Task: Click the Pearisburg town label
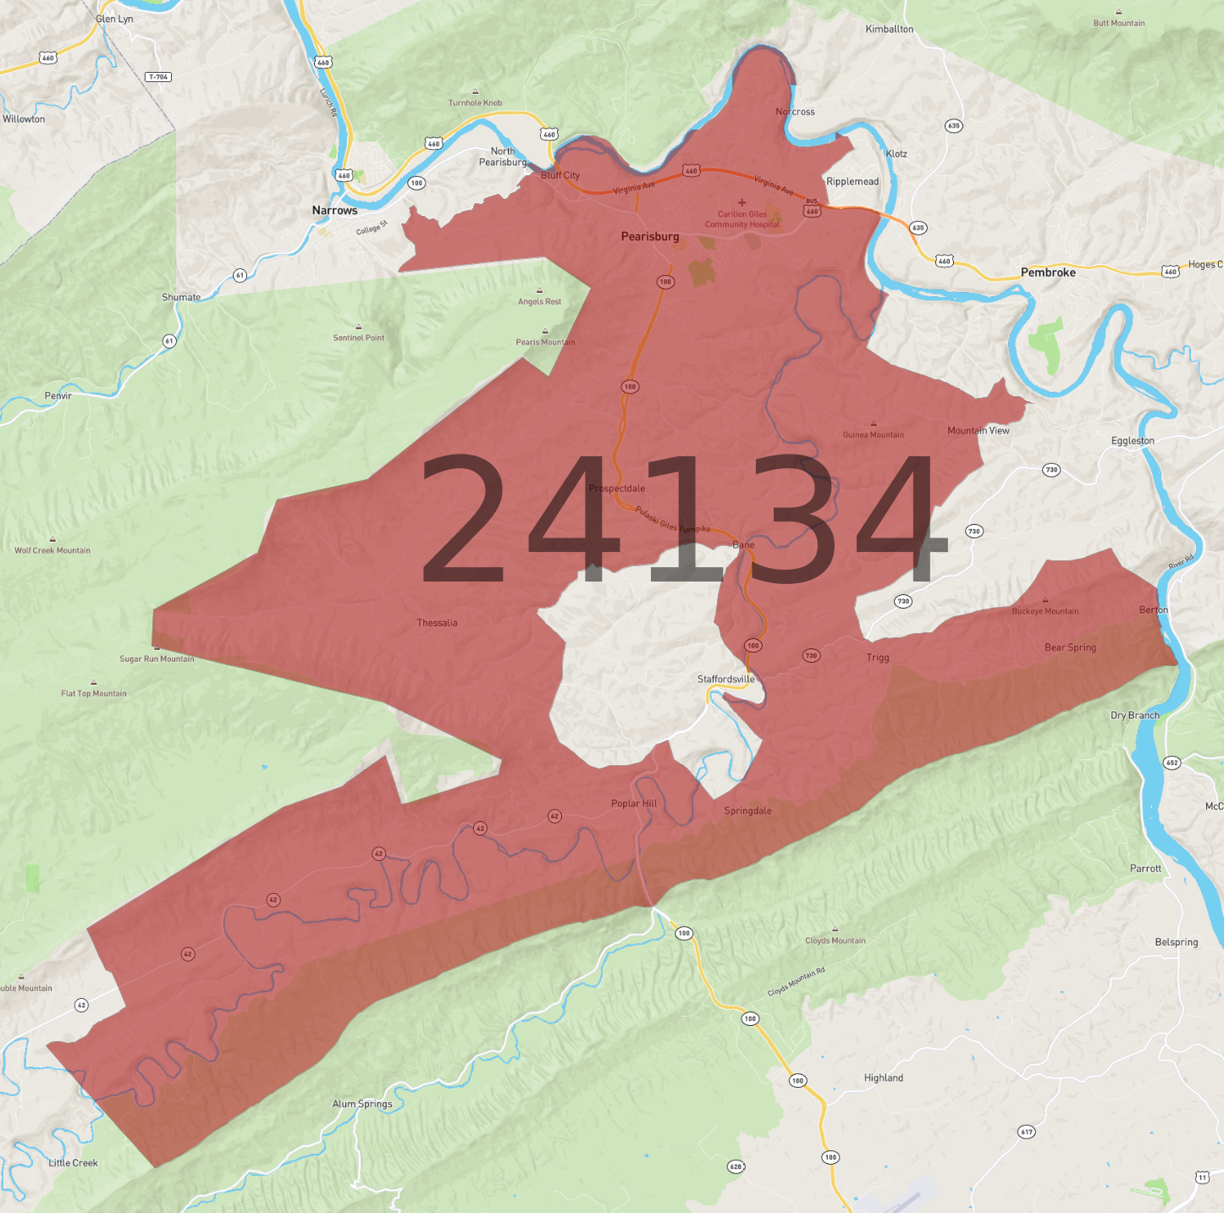click(650, 236)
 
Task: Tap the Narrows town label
click(334, 210)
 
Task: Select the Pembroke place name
click(1048, 273)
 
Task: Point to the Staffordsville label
click(725, 679)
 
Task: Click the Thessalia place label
click(437, 623)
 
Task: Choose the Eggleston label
click(1133, 441)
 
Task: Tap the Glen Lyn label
click(114, 19)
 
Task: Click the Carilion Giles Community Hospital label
click(742, 219)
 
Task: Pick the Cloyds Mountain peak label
click(835, 940)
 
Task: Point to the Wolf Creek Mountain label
click(52, 550)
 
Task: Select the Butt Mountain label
click(1118, 23)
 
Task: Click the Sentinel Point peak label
click(358, 338)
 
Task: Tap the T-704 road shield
click(158, 77)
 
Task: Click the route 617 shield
click(1026, 1132)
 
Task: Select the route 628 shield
click(736, 1166)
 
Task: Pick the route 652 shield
click(1172, 763)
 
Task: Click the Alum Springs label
click(362, 1104)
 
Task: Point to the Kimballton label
click(889, 29)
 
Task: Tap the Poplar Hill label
click(634, 803)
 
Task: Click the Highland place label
click(883, 1078)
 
